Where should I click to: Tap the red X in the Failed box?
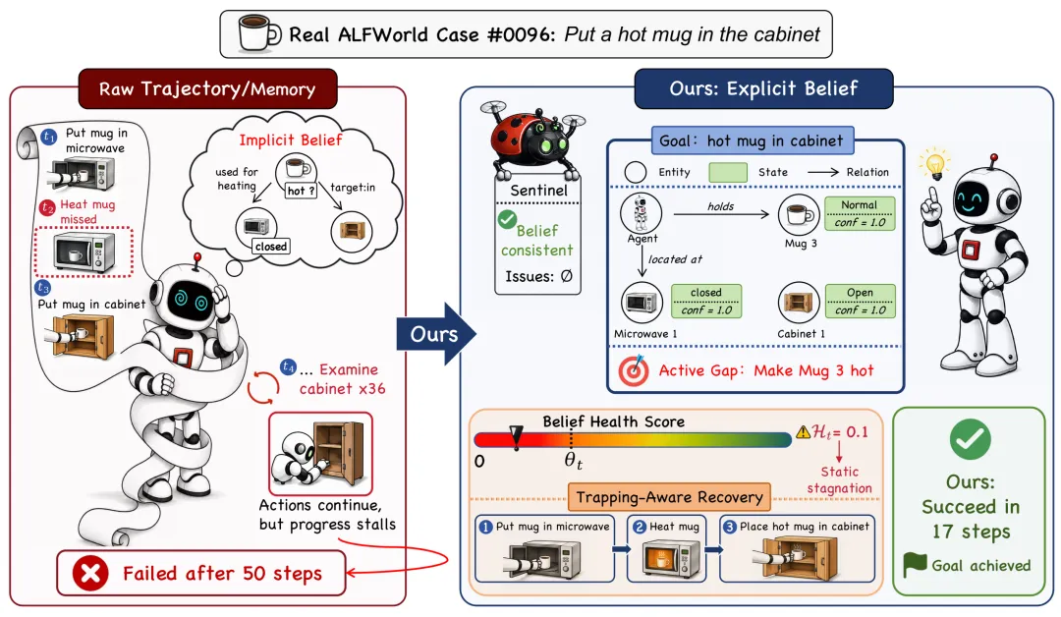[x=90, y=574]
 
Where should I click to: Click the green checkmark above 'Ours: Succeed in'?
[x=970, y=440]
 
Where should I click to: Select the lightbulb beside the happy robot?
[x=935, y=165]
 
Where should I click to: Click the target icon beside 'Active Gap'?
[x=634, y=371]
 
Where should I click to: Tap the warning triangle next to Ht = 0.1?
[x=803, y=431]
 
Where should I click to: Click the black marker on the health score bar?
[x=516, y=437]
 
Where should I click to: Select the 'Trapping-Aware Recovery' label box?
[x=669, y=498]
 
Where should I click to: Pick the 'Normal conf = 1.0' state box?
[x=860, y=214]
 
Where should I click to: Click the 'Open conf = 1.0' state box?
[x=860, y=301]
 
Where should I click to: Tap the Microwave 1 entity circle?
[x=642, y=303]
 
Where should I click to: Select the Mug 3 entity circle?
[x=799, y=215]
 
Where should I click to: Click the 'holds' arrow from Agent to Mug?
[x=721, y=214]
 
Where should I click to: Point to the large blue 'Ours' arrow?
[x=436, y=334]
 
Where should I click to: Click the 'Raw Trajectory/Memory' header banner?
[x=207, y=88]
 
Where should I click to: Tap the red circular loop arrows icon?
[x=262, y=388]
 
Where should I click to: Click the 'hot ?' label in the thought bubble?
[x=302, y=191]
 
